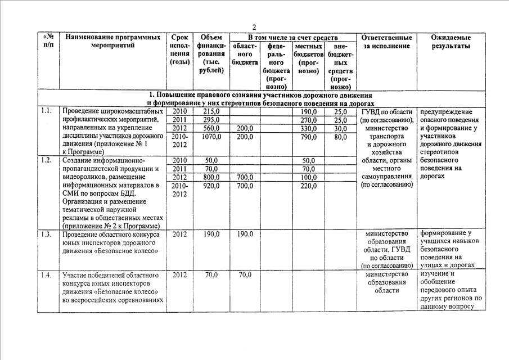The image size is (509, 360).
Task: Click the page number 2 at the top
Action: pos(254,27)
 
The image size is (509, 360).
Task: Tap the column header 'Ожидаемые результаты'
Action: pos(451,42)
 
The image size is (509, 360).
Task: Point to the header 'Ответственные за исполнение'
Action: pos(387,42)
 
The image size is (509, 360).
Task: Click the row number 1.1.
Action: pos(47,111)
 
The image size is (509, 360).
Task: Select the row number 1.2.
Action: pos(47,160)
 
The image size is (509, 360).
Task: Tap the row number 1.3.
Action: pos(47,234)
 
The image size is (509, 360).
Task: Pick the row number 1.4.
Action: pos(47,275)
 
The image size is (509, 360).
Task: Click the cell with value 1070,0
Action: pos(211,137)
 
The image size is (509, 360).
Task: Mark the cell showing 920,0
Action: pos(211,186)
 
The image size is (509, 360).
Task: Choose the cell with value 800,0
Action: pos(211,177)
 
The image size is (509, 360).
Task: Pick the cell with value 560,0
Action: pos(211,128)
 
